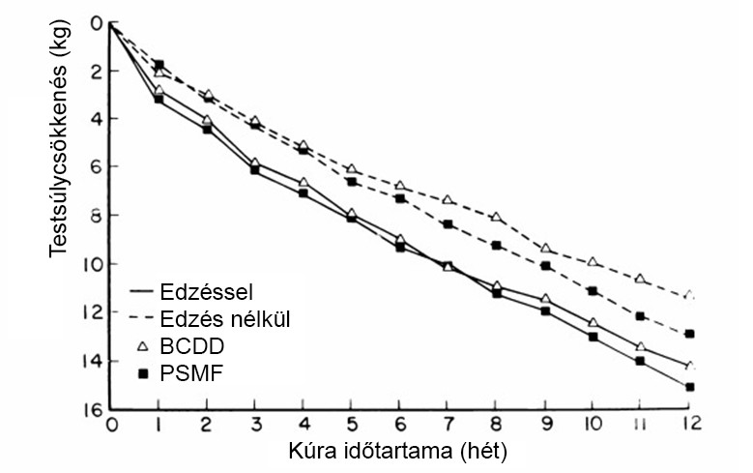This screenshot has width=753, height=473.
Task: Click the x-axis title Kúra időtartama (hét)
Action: tap(398, 452)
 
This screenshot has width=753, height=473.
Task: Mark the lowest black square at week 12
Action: tap(689, 387)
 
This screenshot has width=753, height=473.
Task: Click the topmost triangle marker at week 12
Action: tap(689, 294)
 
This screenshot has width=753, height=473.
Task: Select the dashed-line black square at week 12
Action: tap(689, 334)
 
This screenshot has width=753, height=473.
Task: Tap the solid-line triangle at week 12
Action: tap(689, 366)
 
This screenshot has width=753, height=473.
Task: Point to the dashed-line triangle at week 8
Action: tap(497, 217)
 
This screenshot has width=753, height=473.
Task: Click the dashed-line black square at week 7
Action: tap(449, 224)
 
